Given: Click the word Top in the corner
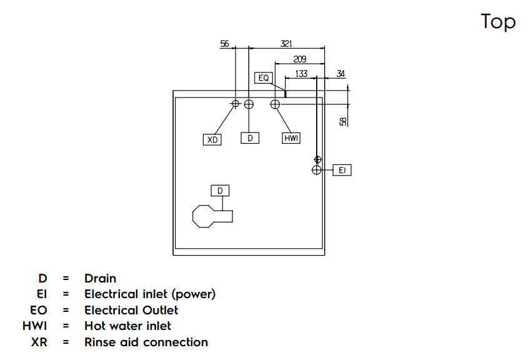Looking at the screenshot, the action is (x=498, y=22).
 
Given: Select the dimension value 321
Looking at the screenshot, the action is (x=286, y=44).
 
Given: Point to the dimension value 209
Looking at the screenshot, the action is (x=300, y=59).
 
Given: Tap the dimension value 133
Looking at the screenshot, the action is (x=301, y=74).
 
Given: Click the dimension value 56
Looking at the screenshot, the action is (x=224, y=44).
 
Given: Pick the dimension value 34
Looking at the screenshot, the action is (x=340, y=74).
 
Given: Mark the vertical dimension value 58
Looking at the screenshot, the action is (x=343, y=121).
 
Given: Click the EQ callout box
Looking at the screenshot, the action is (x=264, y=78).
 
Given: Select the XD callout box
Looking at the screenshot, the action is (x=212, y=139).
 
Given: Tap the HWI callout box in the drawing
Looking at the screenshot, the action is (x=291, y=138).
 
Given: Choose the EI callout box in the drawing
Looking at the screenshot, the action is (x=342, y=170).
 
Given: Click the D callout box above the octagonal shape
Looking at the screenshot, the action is (x=220, y=191).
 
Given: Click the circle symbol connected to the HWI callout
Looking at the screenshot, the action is (x=275, y=104).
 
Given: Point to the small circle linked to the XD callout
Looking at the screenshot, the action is (x=236, y=104).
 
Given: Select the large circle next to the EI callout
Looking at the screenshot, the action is (x=317, y=170).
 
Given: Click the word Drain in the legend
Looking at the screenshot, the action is (x=101, y=279).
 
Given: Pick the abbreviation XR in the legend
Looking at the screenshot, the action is (x=39, y=342).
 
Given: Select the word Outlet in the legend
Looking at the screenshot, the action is (x=161, y=311).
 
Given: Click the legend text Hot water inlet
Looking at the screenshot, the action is (x=128, y=326).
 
